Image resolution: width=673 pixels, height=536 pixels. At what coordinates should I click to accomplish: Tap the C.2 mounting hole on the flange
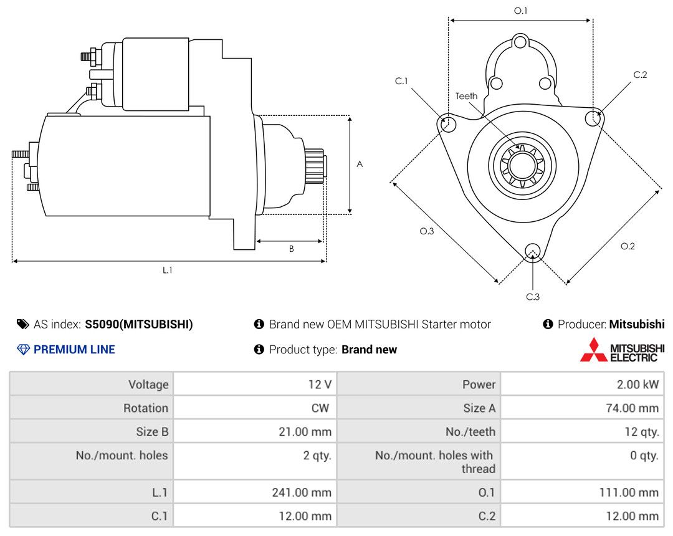[594, 117]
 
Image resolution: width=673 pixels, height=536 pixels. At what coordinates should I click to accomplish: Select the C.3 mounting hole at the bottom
[532, 251]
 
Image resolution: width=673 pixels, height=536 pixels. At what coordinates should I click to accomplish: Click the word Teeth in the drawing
[466, 96]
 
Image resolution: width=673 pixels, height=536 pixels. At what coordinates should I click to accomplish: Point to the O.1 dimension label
[520, 11]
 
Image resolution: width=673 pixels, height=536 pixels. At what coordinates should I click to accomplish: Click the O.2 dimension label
[628, 246]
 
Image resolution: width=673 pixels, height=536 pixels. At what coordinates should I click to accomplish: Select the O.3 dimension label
[426, 231]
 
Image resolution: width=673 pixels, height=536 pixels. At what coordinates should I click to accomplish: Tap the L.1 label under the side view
[168, 270]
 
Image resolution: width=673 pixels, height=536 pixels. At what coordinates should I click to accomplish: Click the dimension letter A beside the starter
[360, 164]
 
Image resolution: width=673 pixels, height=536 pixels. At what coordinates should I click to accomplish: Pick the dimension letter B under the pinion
[291, 249]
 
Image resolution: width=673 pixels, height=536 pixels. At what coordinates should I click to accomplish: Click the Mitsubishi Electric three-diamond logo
[593, 350]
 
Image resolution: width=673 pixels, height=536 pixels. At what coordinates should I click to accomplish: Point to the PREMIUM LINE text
[74, 350]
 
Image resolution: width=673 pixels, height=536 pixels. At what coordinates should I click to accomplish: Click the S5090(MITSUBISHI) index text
[139, 324]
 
